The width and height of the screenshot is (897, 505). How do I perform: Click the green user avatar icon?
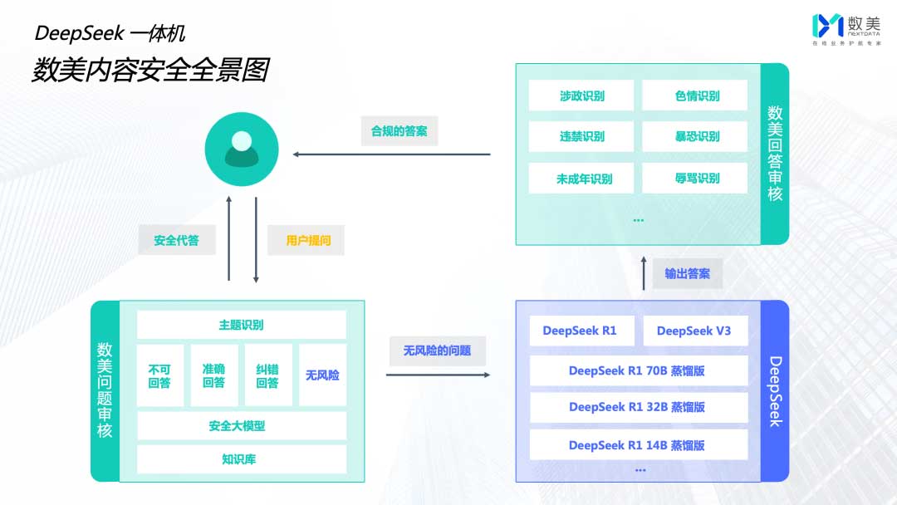click(x=241, y=150)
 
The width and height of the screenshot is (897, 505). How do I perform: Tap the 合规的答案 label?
click(x=399, y=131)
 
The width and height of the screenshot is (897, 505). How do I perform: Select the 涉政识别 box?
click(x=581, y=96)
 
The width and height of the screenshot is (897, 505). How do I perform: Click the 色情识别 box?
click(x=696, y=96)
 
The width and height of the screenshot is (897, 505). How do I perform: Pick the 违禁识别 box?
click(x=581, y=136)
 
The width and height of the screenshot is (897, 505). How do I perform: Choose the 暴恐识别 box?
click(x=696, y=136)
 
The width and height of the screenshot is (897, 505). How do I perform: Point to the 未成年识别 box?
click(x=581, y=178)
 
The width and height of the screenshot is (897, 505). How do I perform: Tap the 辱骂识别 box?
click(x=696, y=178)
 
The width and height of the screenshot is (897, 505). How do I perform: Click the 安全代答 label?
click(x=176, y=241)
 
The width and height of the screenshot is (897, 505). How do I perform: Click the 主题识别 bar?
click(x=241, y=325)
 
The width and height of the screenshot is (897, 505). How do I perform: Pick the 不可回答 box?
click(x=159, y=375)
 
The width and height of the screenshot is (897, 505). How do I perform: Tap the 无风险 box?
click(x=322, y=375)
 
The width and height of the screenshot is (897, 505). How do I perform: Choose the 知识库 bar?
click(x=241, y=458)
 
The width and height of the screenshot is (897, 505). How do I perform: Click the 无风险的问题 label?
click(x=437, y=351)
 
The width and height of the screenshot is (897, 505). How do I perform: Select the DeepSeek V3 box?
click(x=694, y=331)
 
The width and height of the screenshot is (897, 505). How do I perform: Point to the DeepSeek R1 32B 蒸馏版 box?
click(x=638, y=407)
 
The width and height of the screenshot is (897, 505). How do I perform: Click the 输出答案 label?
click(x=687, y=273)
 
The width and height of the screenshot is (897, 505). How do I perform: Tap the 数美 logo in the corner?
click(x=843, y=28)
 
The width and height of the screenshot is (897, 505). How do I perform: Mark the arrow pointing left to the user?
click(x=390, y=154)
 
